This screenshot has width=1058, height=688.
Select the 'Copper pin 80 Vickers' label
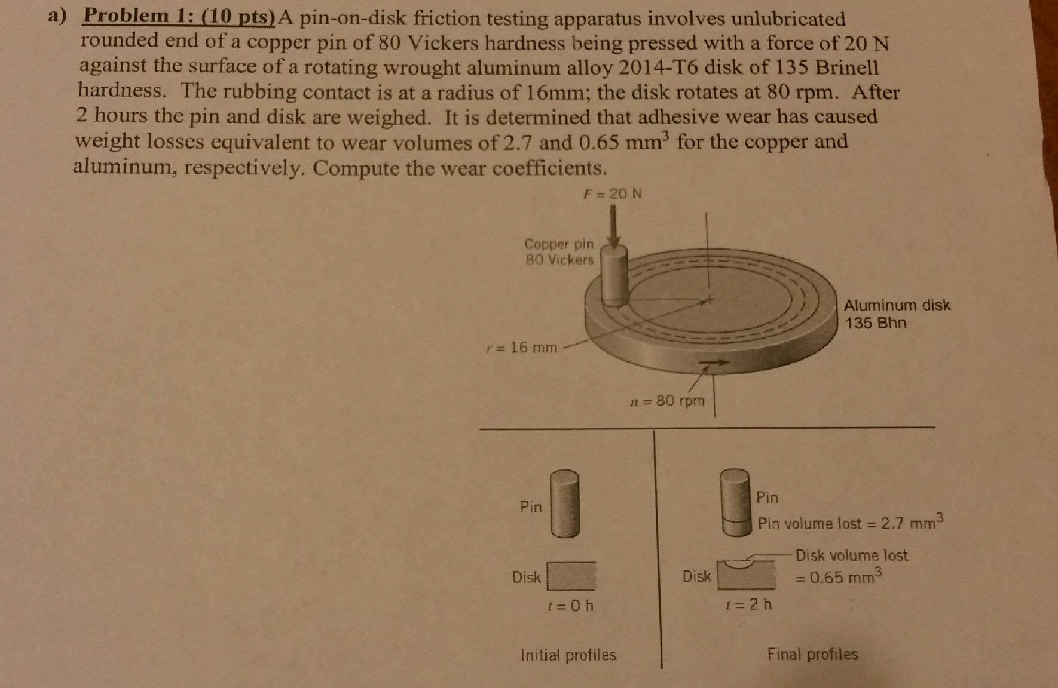pos(559,252)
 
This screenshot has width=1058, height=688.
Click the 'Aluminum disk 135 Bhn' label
pos(896,314)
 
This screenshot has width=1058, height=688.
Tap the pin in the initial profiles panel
pos(565,504)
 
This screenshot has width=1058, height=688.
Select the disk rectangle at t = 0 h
pos(571,576)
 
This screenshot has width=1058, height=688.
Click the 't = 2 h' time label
pos(748,604)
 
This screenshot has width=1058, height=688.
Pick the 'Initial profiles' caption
pos(568,655)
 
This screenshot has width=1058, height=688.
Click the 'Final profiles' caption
pos(812,655)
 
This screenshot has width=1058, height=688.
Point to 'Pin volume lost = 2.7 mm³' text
pos(849,523)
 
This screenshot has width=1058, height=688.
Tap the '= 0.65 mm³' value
pos(838,578)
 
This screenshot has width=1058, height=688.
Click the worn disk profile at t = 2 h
pos(747,575)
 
